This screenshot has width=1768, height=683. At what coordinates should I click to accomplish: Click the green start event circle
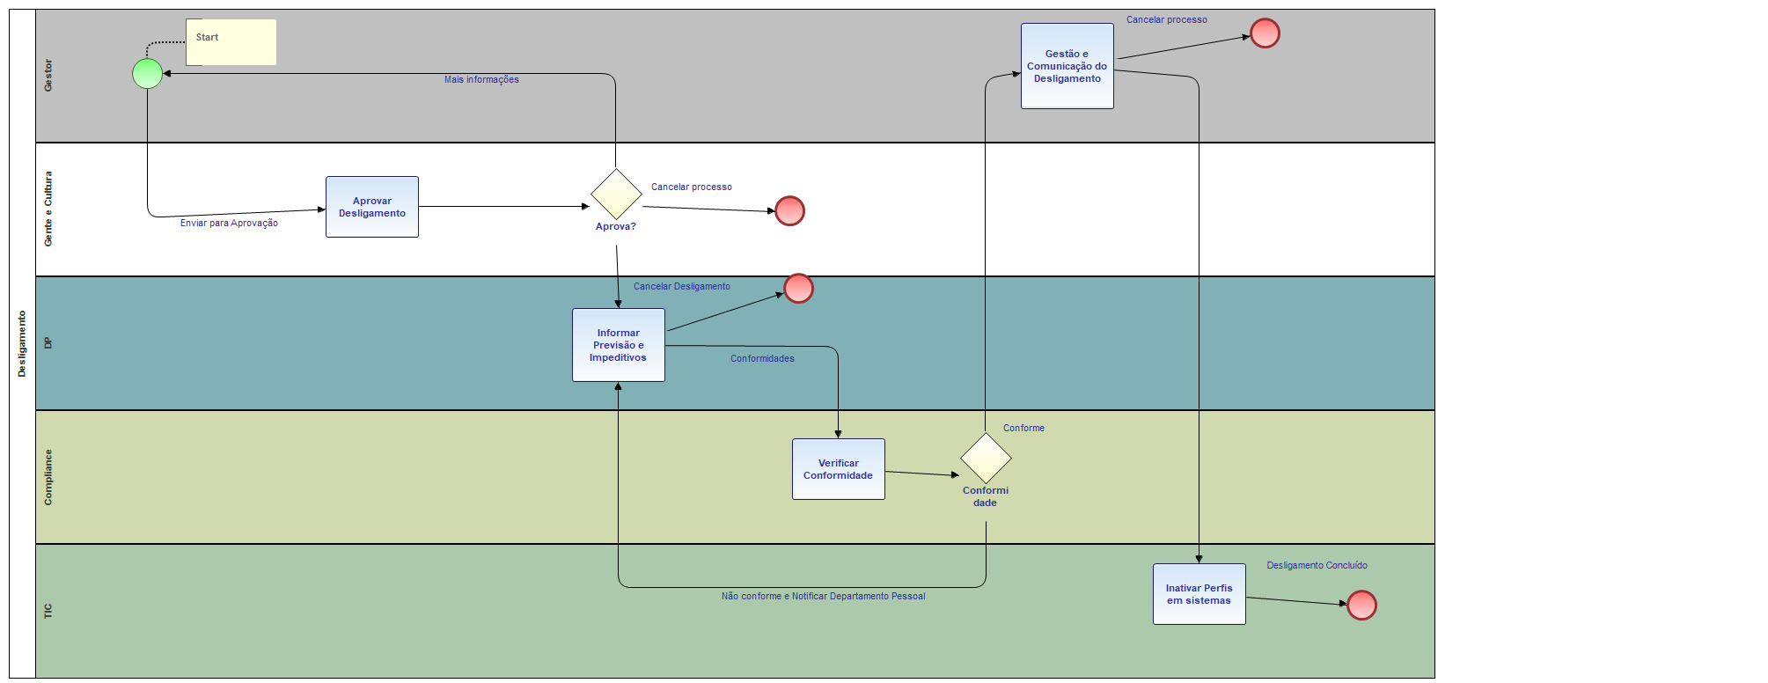[147, 74]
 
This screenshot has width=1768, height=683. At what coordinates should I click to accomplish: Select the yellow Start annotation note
[231, 42]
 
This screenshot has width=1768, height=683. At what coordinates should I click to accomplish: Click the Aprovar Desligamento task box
[372, 207]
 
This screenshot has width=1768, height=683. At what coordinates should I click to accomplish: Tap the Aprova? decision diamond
[616, 194]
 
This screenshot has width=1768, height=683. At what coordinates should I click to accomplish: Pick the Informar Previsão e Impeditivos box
[619, 345]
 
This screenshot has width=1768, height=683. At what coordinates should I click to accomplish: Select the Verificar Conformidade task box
[839, 469]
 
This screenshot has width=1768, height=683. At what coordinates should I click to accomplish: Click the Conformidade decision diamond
[986, 458]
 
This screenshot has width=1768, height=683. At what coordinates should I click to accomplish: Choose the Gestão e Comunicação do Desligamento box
[1067, 66]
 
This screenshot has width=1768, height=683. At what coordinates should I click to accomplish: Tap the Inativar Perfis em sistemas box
[1199, 594]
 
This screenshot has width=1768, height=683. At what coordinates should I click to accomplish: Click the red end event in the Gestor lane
[1265, 33]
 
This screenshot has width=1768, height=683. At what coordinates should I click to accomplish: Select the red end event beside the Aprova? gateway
[789, 211]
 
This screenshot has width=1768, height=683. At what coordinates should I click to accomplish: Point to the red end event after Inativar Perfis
[1361, 606]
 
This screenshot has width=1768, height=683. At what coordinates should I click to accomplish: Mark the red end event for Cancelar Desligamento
[798, 289]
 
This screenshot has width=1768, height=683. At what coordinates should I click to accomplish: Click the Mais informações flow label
[481, 80]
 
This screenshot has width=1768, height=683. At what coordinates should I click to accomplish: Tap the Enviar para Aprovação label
[229, 224]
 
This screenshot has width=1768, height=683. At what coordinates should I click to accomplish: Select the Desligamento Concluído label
[1317, 566]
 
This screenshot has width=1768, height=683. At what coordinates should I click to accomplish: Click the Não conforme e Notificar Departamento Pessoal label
[823, 597]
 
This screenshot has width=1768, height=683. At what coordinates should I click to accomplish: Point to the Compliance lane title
[48, 477]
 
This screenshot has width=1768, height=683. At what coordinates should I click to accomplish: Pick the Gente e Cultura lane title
[48, 209]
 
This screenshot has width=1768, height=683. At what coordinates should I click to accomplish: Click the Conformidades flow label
[762, 359]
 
